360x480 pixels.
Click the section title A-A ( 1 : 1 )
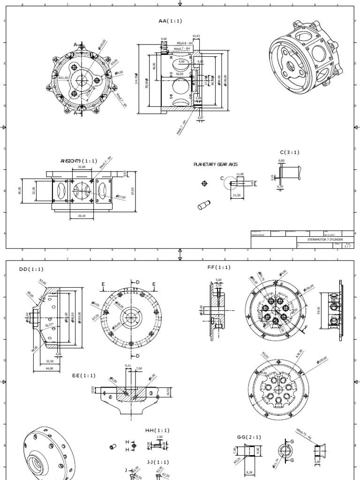[170, 21]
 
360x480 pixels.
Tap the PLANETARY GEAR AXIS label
[216, 165]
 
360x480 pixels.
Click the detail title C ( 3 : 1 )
[290, 152]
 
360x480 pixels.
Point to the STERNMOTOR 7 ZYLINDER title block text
[325, 239]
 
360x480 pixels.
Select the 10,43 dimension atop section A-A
[196, 36]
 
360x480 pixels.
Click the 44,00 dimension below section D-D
[48, 368]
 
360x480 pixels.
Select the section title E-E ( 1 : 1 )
[83, 376]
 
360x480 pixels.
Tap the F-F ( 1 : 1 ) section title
[219, 267]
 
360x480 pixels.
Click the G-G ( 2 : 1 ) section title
[248, 437]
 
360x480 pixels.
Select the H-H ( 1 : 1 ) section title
[157, 430]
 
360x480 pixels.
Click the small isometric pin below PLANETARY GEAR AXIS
[204, 204]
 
